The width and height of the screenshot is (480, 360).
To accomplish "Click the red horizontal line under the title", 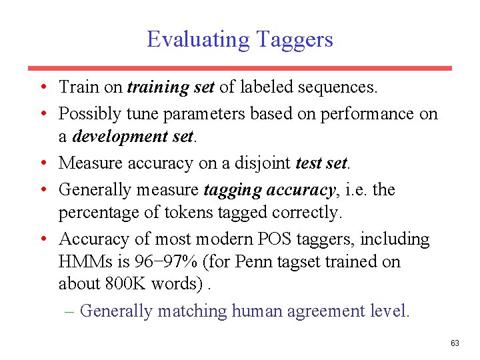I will (240, 68).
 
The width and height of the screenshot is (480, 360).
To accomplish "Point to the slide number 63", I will (455, 343).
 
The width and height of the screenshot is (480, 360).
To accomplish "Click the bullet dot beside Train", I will (42, 87).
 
